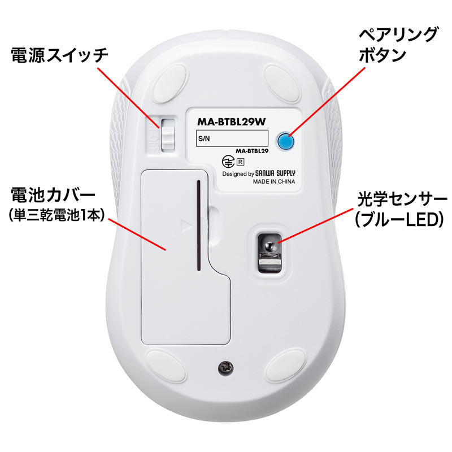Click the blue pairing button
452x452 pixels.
coord(286,141)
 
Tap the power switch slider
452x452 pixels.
coord(168,135)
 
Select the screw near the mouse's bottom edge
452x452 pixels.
coord(225,368)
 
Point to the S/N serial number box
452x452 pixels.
coord(232,138)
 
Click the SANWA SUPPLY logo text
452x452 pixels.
coord(275,173)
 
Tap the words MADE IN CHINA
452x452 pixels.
coord(274,181)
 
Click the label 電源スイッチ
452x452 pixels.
coord(60,55)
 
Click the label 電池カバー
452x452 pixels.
coord(53,194)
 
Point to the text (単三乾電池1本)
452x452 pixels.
coord(56,215)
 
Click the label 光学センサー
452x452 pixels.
coord(402,199)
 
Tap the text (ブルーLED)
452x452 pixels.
coord(399,220)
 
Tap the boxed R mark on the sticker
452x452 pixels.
coord(240,162)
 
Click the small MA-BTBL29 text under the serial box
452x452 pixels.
coord(252,151)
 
